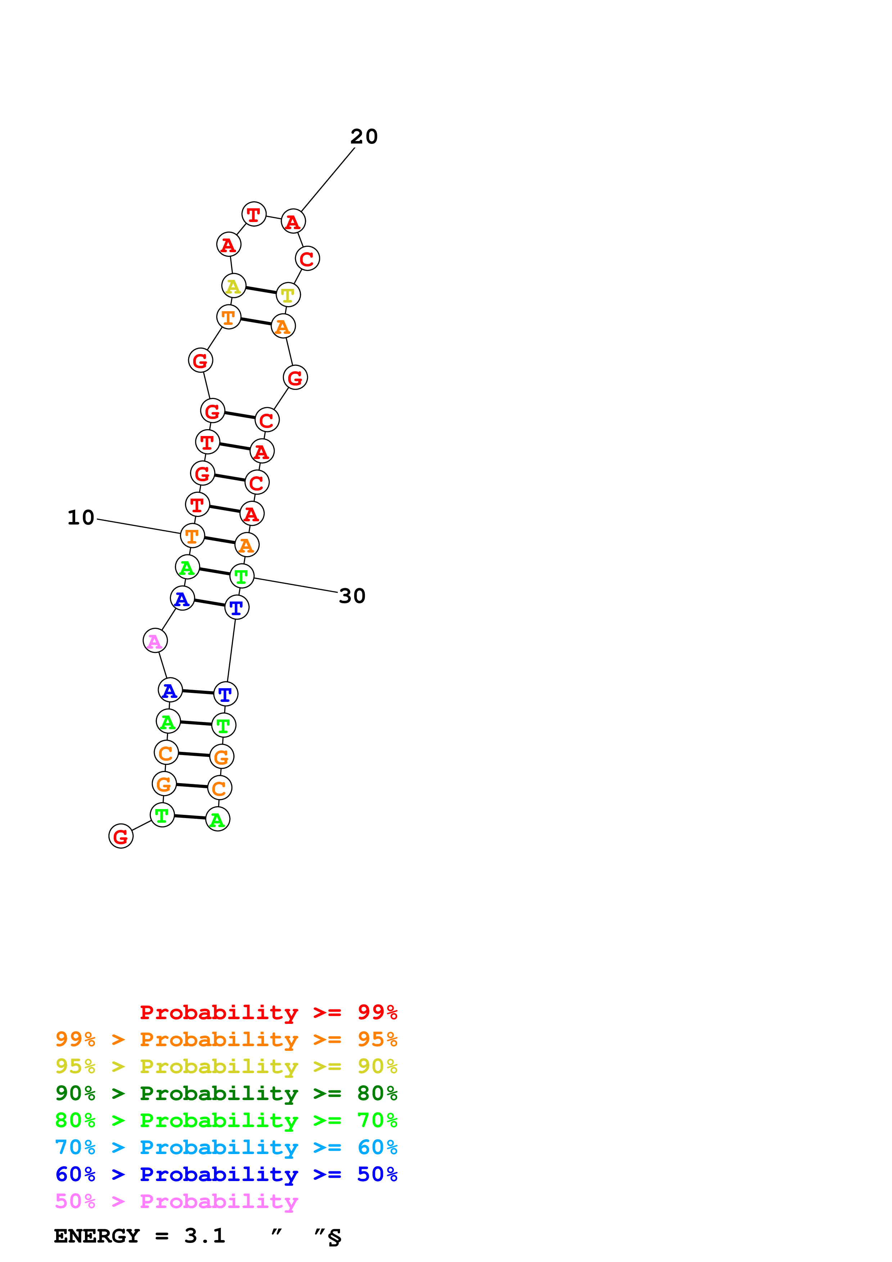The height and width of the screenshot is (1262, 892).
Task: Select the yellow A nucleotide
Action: tap(234, 286)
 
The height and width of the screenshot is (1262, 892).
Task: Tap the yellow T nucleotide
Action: tap(288, 295)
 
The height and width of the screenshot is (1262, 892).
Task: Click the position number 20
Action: tap(364, 136)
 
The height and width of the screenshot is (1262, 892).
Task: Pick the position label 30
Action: tap(352, 596)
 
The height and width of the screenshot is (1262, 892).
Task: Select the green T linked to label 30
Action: tap(242, 576)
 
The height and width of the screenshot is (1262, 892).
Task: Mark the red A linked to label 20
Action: tap(293, 222)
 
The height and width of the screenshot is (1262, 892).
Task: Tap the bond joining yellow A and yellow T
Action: tap(261, 290)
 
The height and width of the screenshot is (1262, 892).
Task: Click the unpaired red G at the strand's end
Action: tap(121, 836)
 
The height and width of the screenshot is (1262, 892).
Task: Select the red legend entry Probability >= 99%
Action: tap(268, 1012)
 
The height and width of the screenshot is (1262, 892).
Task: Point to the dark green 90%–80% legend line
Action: tap(226, 1093)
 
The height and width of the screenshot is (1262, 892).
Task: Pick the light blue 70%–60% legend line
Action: tap(226, 1147)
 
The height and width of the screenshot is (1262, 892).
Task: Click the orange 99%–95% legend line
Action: tap(226, 1039)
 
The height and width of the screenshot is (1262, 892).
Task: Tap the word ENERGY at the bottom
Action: tap(97, 1236)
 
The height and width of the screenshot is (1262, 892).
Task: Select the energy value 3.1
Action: tap(204, 1236)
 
